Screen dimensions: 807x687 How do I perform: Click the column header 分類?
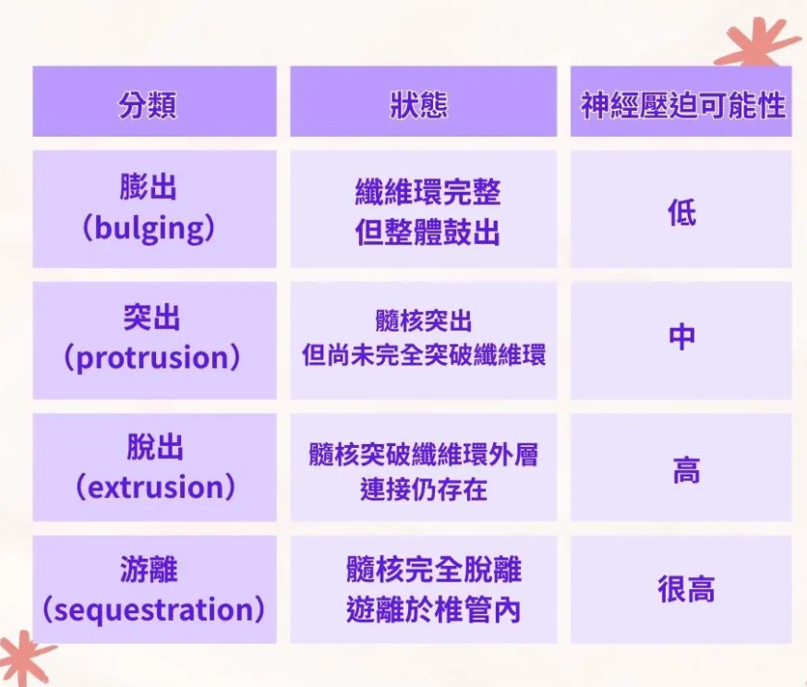point(148,105)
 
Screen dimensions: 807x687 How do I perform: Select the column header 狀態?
point(419,105)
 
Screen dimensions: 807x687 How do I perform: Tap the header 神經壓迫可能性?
point(682,105)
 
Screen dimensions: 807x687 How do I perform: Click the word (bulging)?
point(149,228)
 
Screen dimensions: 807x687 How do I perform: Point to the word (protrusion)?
point(152,357)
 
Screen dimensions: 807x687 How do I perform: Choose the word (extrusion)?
point(155,487)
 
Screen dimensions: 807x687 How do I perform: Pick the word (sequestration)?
point(153,609)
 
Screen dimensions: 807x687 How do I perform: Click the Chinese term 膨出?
point(149,187)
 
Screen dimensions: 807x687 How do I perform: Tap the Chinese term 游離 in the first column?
point(149,570)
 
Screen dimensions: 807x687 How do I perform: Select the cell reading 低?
point(682,212)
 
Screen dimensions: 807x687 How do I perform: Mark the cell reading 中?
point(682,338)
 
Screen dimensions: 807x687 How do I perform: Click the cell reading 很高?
point(686,589)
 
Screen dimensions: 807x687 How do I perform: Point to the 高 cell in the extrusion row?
point(687,470)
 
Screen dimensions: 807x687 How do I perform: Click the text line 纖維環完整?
point(428,193)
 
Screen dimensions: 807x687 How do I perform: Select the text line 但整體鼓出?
point(428,233)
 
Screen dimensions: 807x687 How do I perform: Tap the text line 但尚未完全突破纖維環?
point(424,356)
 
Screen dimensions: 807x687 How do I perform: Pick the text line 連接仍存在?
point(424,489)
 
